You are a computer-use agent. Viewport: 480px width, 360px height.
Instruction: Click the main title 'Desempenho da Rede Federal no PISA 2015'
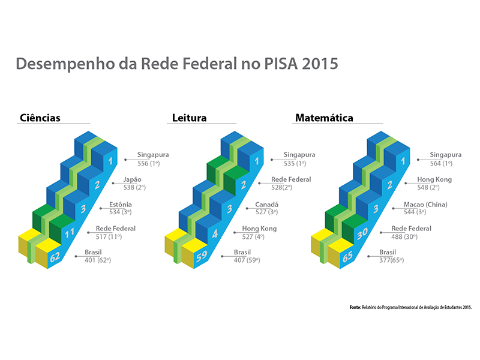177,64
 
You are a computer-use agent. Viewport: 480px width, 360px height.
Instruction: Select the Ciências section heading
40,118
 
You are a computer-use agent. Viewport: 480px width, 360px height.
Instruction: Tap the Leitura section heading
187,118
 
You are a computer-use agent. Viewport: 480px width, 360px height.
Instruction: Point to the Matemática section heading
323,118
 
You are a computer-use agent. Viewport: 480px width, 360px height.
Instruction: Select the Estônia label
122,204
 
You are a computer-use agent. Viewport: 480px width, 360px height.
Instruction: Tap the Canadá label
267,204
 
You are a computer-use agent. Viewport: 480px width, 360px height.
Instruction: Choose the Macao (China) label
425,204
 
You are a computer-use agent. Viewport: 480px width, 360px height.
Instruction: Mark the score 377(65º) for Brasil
391,261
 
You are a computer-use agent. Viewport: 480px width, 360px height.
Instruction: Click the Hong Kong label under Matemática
434,179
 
